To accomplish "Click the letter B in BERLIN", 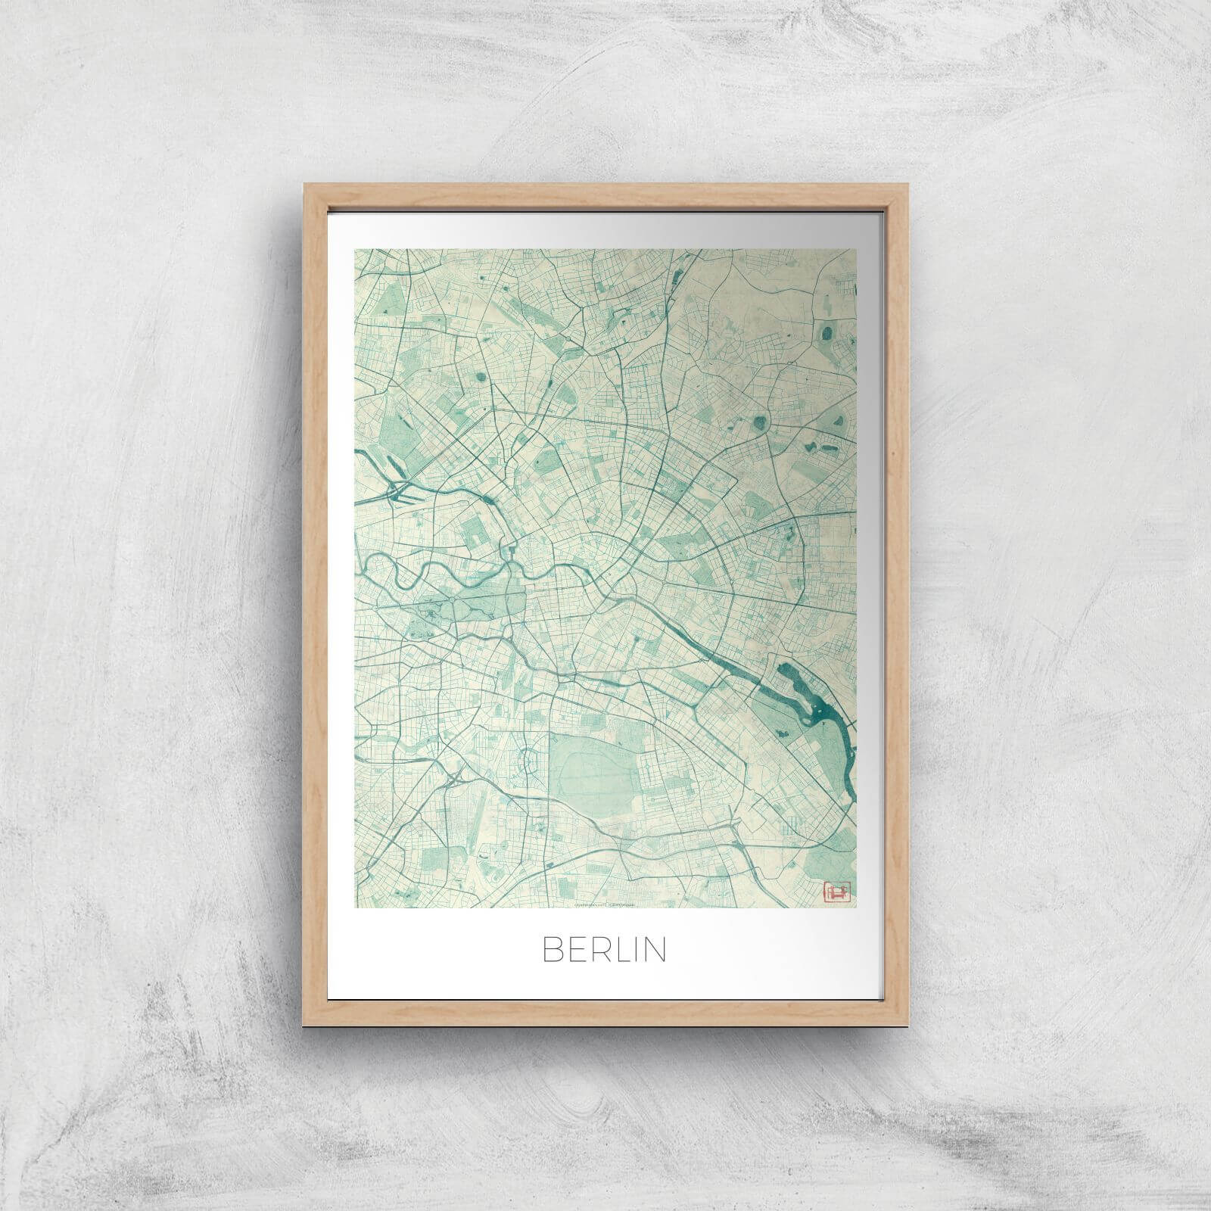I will click(x=553, y=951).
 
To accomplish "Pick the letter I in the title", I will click(x=639, y=951).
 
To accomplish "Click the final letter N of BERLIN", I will click(x=656, y=951).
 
